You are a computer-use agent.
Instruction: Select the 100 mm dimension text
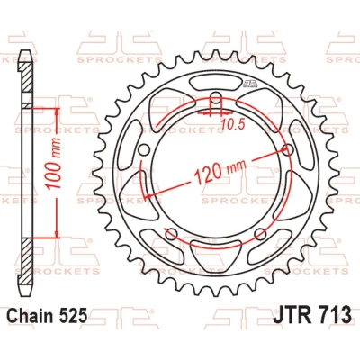coord(54,164)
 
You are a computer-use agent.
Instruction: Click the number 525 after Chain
coord(73,315)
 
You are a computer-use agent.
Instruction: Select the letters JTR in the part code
coord(291,314)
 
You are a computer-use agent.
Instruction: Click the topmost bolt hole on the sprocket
coord(215,96)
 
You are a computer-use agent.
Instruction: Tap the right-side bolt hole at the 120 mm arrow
coord(288,149)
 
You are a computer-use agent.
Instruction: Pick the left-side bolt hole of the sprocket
coord(145,149)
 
